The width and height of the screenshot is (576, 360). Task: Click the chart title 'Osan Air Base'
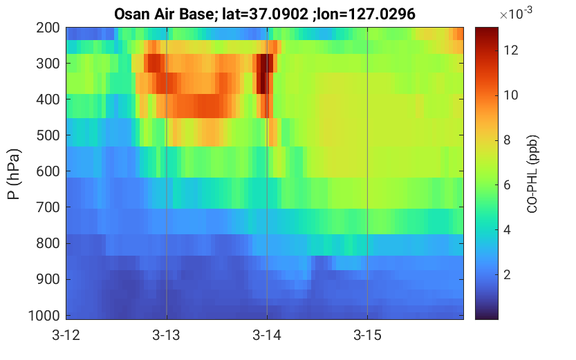163,15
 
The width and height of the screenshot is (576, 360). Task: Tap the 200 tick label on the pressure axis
48,28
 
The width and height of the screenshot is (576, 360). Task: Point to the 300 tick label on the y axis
48,64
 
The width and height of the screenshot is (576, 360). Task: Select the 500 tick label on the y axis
48,135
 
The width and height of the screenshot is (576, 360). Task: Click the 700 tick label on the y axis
48,207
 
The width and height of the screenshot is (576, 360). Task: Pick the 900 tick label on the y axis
48,279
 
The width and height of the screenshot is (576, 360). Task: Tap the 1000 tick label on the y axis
44,315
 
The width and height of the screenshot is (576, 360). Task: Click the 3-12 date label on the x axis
66,335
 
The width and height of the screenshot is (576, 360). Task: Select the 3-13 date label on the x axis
167,335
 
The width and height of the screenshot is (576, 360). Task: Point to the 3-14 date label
267,335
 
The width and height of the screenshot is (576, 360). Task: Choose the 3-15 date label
367,335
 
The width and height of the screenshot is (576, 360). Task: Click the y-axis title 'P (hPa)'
14,174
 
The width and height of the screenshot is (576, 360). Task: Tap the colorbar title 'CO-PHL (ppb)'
532,174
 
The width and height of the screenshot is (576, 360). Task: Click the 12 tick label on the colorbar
511,50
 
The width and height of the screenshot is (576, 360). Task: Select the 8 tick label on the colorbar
508,140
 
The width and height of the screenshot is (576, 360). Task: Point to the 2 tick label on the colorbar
508,274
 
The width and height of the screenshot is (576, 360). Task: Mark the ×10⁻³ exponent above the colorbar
516,13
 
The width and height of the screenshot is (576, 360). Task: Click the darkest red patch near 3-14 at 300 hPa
264,73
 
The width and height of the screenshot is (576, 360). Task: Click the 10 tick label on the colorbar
511,95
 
